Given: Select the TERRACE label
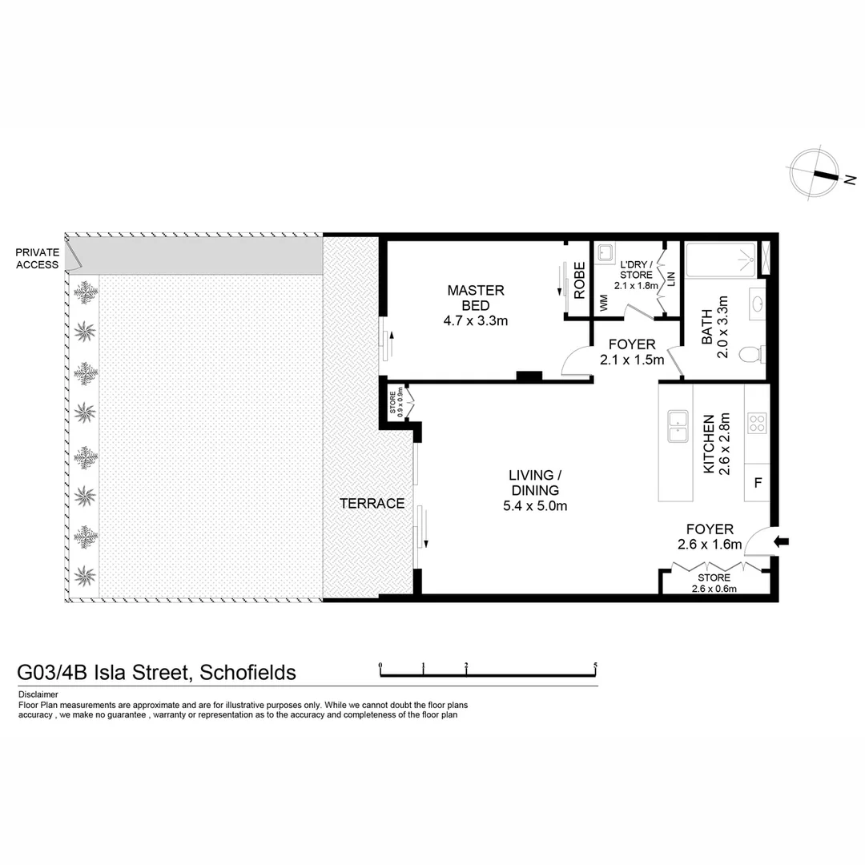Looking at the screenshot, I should click(x=372, y=504).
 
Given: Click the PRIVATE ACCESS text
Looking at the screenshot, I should click(x=38, y=259).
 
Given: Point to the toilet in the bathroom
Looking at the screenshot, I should click(x=750, y=353).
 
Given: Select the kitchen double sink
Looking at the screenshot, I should click(x=678, y=425).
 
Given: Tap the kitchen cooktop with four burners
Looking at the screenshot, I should click(x=756, y=422).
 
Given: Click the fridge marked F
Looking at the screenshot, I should click(x=758, y=484).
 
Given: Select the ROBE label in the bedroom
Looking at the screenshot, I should click(x=579, y=280).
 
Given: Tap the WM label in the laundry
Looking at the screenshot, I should click(x=602, y=304).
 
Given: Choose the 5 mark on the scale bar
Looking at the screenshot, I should click(x=596, y=666).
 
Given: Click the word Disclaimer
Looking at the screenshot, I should click(x=38, y=694).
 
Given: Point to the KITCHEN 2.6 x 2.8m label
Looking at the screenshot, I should click(x=715, y=444).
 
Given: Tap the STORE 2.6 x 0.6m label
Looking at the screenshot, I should click(x=714, y=583).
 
